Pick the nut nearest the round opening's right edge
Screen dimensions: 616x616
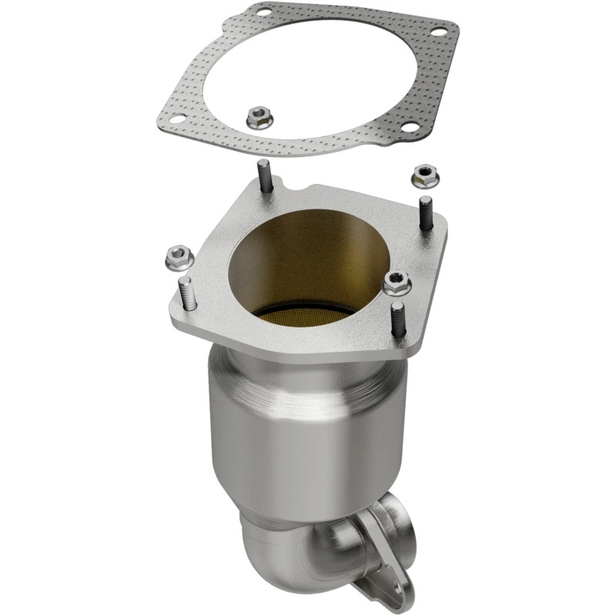(394, 283)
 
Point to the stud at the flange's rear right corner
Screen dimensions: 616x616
(425, 211)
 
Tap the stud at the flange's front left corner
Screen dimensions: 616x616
(187, 296)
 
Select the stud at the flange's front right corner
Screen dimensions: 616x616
(396, 320)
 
